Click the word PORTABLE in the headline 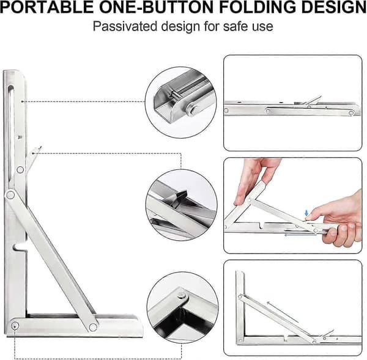46,7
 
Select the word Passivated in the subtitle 125,26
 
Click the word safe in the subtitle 235,26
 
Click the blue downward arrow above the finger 306,213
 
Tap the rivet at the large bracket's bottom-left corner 15,325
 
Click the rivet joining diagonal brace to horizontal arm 93,327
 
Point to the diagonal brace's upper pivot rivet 10,195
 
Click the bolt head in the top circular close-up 193,110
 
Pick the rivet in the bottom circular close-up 180,296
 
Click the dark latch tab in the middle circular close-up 180,196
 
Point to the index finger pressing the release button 316,215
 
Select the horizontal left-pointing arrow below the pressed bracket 300,235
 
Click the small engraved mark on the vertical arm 20,138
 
